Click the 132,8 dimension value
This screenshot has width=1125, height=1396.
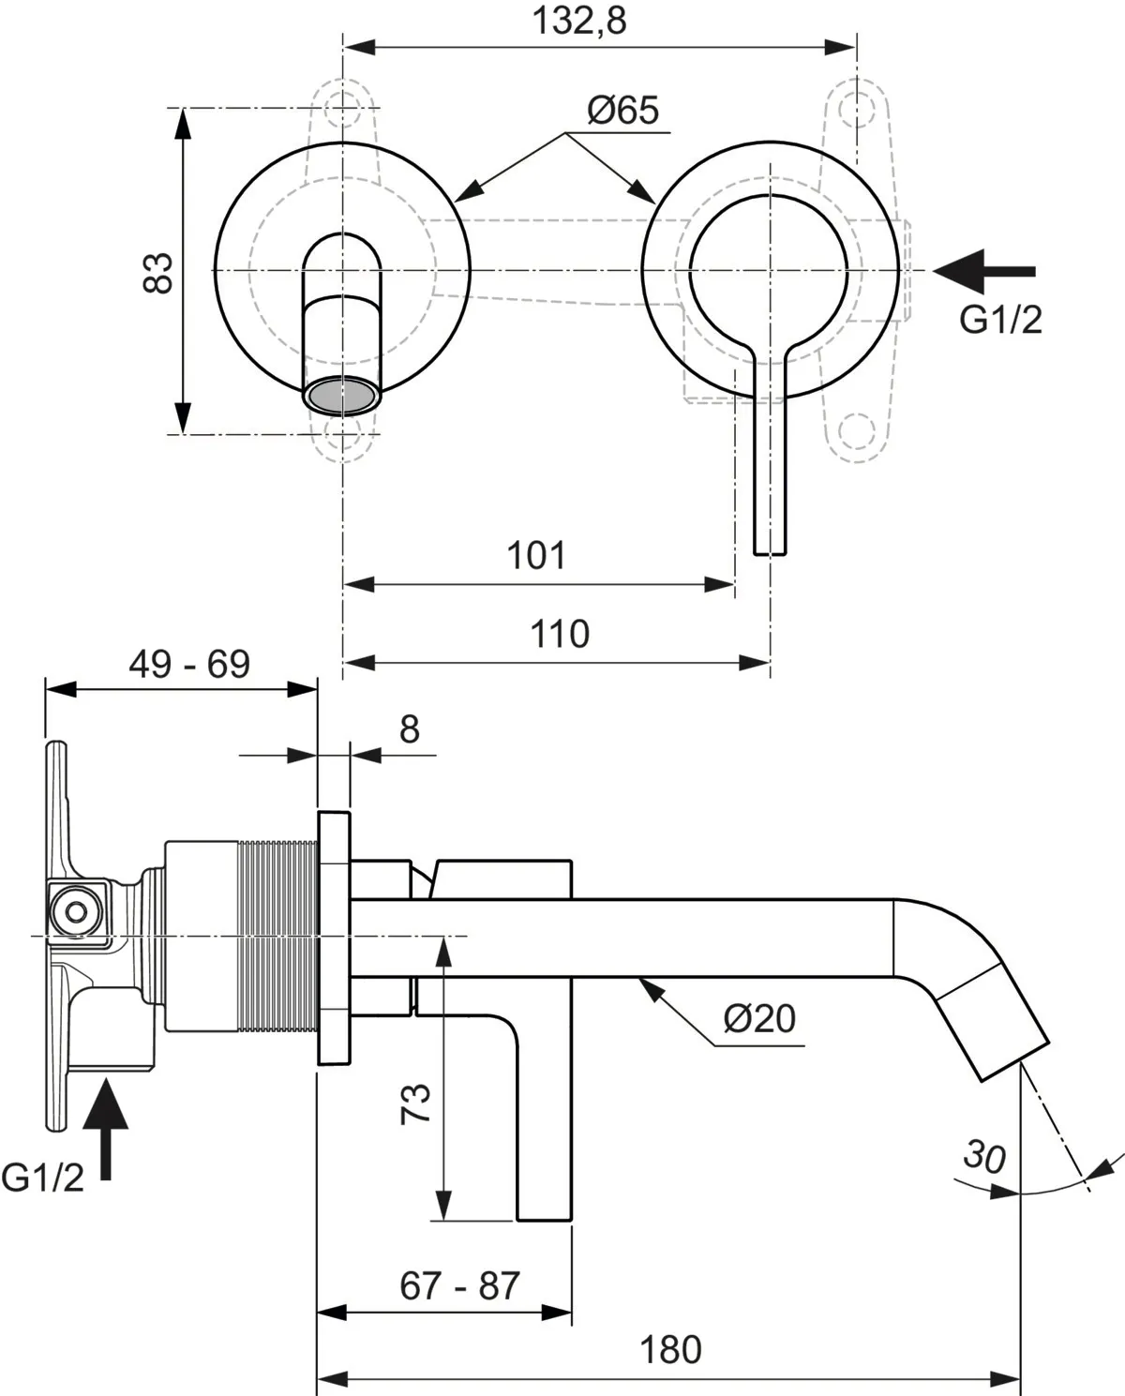click(x=579, y=21)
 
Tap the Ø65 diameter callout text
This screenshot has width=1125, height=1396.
click(x=622, y=111)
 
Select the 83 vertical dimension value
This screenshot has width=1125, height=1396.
click(x=157, y=273)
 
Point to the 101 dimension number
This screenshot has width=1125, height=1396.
click(x=536, y=556)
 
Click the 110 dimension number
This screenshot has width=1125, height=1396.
click(x=560, y=634)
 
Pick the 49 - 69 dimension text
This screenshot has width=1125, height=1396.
click(x=188, y=664)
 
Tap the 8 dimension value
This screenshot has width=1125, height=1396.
click(x=410, y=729)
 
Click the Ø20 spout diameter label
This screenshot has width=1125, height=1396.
click(x=759, y=1018)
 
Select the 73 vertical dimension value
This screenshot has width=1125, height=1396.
click(x=415, y=1103)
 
